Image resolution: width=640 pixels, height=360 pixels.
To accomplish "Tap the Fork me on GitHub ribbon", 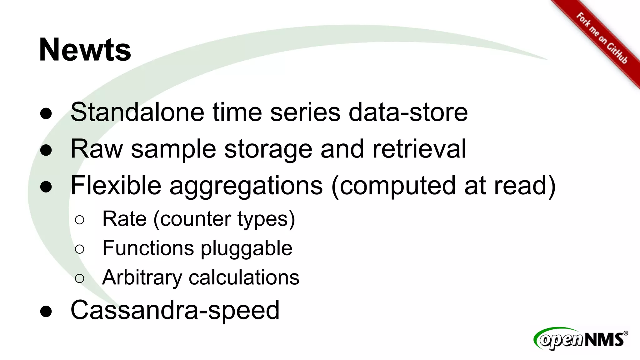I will click(602, 38).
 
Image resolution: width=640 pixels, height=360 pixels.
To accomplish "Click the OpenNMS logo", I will click(581, 339).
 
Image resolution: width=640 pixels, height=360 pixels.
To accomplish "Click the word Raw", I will click(97, 149).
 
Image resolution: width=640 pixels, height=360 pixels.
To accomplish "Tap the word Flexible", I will click(116, 185).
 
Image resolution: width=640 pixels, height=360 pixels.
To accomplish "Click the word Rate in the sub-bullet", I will click(124, 219).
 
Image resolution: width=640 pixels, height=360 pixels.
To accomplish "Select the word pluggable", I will click(246, 249).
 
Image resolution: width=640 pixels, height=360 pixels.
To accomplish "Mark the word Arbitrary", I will click(142, 277).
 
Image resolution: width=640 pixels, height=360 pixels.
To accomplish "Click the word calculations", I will click(244, 277).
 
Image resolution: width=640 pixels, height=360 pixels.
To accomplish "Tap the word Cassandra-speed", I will click(175, 310).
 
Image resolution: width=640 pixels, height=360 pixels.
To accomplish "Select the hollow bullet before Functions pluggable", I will click(80, 249).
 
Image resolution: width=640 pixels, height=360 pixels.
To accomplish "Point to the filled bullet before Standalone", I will click(46, 113).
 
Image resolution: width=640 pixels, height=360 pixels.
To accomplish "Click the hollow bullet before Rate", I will click(80, 220).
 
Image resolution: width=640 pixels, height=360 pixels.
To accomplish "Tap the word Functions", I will click(148, 248).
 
